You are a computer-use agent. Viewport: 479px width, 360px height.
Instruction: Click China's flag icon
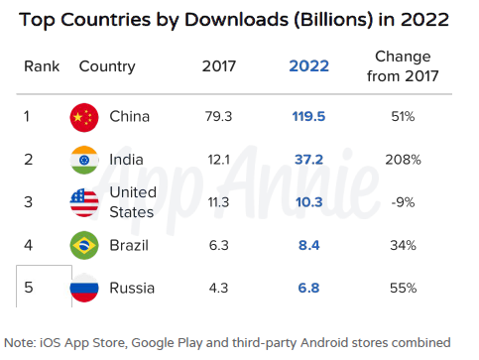pyautogui.click(x=84, y=117)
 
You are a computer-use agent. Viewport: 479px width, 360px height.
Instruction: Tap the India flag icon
pyautogui.click(x=84, y=160)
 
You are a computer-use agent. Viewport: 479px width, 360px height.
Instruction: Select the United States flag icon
pyautogui.click(x=84, y=202)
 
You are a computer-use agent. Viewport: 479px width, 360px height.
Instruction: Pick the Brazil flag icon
pyautogui.click(x=84, y=245)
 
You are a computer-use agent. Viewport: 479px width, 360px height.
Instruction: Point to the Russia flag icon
pyautogui.click(x=84, y=288)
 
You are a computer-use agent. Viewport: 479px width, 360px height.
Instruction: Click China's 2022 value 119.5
pyautogui.click(x=308, y=116)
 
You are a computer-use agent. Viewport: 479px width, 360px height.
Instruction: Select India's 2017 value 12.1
pyautogui.click(x=218, y=160)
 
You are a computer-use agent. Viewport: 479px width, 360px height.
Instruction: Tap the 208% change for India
pyautogui.click(x=403, y=160)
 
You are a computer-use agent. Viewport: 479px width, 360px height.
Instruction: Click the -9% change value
pyautogui.click(x=403, y=202)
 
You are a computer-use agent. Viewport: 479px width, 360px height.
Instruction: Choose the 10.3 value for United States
pyautogui.click(x=308, y=202)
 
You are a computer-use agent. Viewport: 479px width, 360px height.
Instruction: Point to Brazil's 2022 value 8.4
pyautogui.click(x=308, y=245)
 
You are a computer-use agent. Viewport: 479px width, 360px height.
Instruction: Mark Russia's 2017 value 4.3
pyautogui.click(x=218, y=288)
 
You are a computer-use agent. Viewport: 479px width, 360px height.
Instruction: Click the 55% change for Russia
pyautogui.click(x=403, y=288)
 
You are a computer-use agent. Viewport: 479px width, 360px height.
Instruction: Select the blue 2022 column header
pyautogui.click(x=308, y=66)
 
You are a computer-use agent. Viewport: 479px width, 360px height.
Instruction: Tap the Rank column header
pyautogui.click(x=42, y=66)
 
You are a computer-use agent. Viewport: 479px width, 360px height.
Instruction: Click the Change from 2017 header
pyautogui.click(x=403, y=66)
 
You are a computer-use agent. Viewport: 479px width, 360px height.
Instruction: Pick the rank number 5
pyautogui.click(x=29, y=288)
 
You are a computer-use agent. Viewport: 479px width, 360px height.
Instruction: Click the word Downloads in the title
pyautogui.click(x=236, y=20)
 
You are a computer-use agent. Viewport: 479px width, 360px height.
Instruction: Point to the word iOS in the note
pyautogui.click(x=51, y=342)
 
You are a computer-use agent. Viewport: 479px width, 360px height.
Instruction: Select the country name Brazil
pyautogui.click(x=129, y=245)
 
